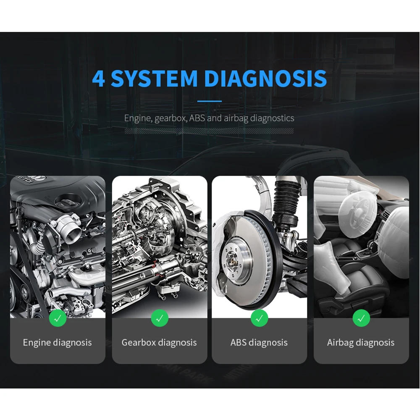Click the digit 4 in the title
[x=98, y=78]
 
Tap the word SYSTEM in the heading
[x=154, y=78]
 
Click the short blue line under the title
[x=210, y=101]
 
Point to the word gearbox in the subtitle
[x=171, y=118]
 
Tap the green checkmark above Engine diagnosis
[x=58, y=318]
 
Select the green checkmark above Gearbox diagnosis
[x=160, y=318]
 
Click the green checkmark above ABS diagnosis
[x=259, y=318]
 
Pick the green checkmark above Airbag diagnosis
[x=361, y=318]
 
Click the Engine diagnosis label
[x=57, y=343]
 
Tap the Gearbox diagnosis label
[x=159, y=343]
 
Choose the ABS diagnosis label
[x=259, y=343]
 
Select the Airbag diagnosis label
[x=361, y=343]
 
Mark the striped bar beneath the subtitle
[x=209, y=131]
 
